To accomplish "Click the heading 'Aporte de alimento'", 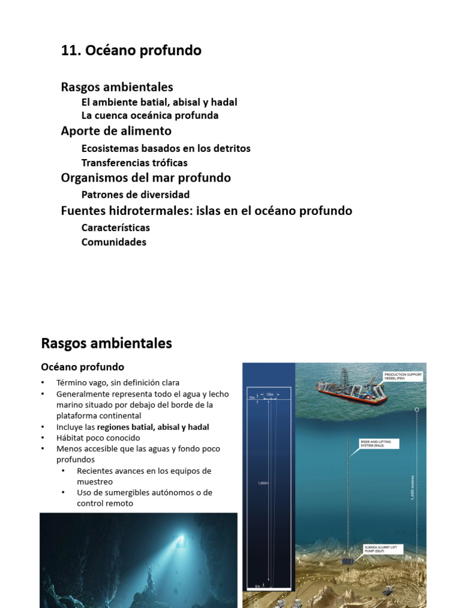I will [116, 131].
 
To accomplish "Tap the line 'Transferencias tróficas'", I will [134, 163].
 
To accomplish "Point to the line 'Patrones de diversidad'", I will [135, 195].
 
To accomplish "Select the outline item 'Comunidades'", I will [113, 242].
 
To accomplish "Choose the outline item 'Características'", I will [115, 227].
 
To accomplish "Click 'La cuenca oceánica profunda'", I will [150, 116].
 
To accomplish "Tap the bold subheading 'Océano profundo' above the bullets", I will [82, 367].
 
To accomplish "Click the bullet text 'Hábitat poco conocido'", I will [98, 438].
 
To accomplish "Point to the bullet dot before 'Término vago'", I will [43, 383].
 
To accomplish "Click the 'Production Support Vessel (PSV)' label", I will [402, 377].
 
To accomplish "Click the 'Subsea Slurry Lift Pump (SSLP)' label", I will [381, 549].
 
